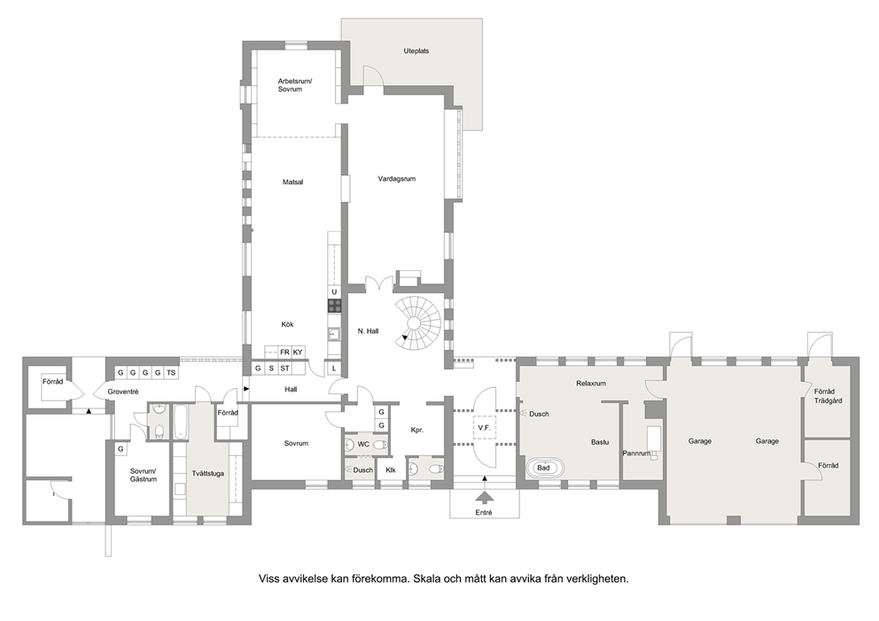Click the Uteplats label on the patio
(416, 51)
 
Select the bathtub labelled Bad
(544, 468)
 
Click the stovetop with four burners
(335, 306)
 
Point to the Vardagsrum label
(396, 179)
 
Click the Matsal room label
(292, 182)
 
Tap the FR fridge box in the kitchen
(284, 353)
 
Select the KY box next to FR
(298, 353)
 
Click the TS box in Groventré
(171, 373)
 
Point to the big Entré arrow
(483, 498)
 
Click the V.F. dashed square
(485, 428)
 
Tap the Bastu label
(600, 442)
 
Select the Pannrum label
(636, 454)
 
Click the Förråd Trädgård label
(828, 396)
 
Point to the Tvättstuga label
(207, 474)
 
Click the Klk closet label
(391, 470)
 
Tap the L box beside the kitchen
(334, 369)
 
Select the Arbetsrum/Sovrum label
(295, 85)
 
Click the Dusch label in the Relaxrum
(539, 415)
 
